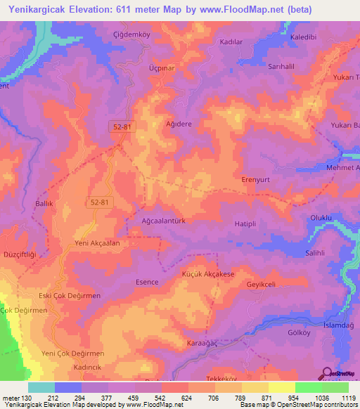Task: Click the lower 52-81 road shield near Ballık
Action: (x=99, y=202)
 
